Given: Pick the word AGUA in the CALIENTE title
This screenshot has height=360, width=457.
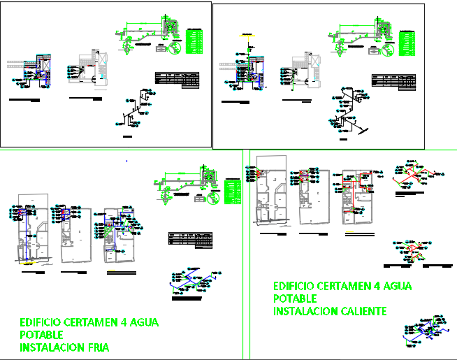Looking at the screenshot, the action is tap(396, 286).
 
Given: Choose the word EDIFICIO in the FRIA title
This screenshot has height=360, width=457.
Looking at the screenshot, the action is tap(41, 323).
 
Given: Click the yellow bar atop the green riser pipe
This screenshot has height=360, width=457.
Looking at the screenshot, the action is tap(245, 34).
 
